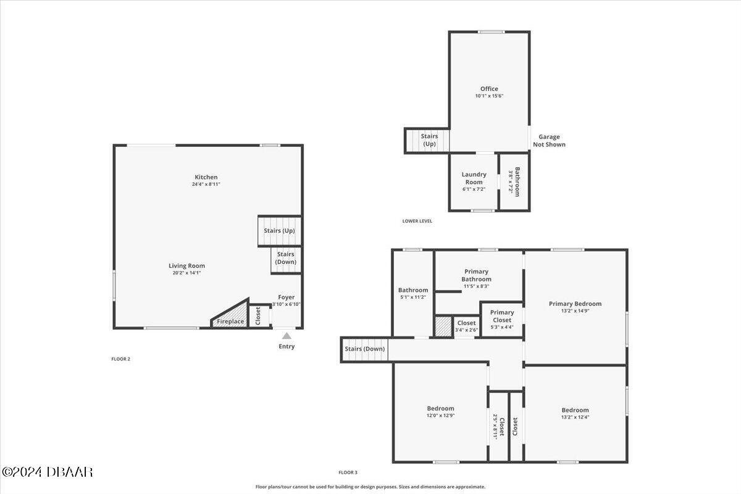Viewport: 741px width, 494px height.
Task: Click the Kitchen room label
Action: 206,177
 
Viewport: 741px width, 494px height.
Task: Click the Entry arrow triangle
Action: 287,336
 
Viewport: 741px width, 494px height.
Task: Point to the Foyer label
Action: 287,297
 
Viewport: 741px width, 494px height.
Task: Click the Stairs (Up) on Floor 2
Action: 279,230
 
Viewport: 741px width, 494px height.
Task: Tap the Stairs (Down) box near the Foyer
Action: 286,258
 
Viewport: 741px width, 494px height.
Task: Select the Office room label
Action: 489,89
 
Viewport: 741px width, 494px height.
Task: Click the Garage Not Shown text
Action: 551,141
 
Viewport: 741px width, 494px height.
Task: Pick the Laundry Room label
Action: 474,178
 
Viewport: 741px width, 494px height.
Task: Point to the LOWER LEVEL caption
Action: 417,221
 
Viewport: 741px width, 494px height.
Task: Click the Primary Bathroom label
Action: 476,275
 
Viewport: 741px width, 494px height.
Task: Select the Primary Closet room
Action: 502,316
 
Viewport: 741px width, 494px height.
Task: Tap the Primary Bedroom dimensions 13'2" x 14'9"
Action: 575,311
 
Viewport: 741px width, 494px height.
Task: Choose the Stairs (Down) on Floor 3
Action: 365,350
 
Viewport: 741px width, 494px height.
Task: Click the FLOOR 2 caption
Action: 120,359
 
